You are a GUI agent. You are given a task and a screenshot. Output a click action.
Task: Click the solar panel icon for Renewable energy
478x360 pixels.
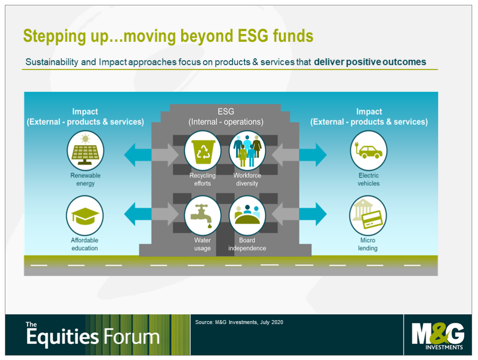pos(85,150)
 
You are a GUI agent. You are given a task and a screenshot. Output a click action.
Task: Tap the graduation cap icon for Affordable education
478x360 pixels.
pos(85,216)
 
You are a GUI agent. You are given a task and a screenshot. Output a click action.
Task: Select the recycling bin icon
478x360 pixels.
pos(202,150)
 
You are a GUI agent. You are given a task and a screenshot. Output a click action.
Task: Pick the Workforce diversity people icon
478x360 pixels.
pos(247,150)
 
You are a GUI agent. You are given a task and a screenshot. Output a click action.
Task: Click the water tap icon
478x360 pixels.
pos(202,216)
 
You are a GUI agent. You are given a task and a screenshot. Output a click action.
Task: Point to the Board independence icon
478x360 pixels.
pos(247,216)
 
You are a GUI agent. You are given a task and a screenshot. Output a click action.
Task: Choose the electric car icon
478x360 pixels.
pos(368,150)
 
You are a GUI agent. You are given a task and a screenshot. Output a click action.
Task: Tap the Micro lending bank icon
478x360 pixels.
pos(368,216)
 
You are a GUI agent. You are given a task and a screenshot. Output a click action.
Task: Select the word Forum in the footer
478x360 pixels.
pos(132,337)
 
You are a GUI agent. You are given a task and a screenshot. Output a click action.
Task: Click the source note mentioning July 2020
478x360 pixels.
pos(239,322)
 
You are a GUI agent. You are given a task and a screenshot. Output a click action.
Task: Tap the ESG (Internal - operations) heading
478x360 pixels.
pos(226,117)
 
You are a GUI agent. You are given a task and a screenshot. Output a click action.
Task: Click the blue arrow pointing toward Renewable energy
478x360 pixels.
pos(138,155)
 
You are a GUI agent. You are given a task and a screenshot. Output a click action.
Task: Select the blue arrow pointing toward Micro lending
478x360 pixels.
pos(313,214)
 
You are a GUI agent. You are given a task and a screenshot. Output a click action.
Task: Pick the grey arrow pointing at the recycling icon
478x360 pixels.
pos(165,155)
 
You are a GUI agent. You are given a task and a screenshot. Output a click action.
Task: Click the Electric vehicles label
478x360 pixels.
pos(368,180)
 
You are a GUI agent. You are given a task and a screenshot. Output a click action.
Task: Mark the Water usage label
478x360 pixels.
pos(202,244)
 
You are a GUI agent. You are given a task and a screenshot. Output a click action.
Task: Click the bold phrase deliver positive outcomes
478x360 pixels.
pos(370,62)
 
